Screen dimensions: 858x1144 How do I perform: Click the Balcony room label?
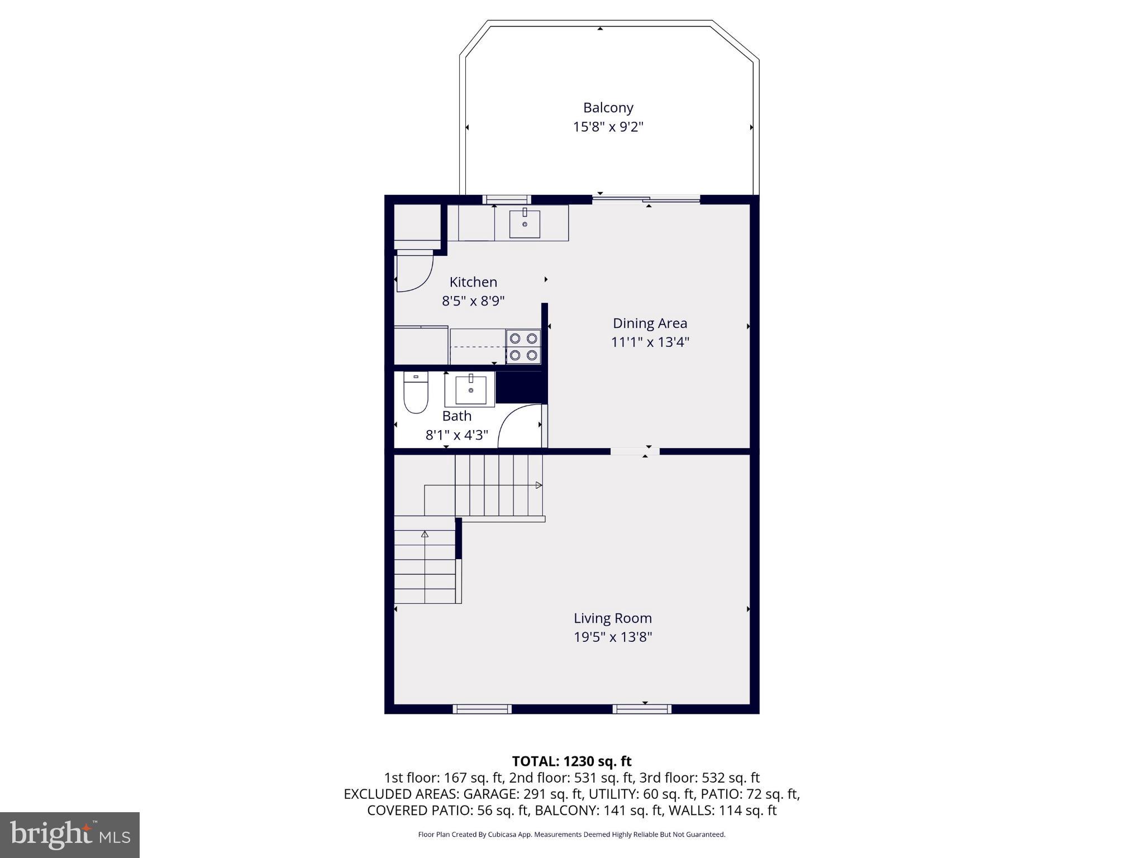tap(608, 108)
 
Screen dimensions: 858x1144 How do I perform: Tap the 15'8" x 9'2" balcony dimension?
tap(608, 127)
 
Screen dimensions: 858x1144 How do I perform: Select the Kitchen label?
tap(473, 282)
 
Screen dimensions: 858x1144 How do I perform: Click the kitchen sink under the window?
tap(525, 223)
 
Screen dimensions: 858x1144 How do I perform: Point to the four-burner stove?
tap(523, 346)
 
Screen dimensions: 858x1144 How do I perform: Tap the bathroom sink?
tap(470, 390)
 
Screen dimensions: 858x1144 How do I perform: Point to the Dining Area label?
tap(650, 323)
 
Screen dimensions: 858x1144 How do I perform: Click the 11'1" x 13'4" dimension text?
tap(650, 342)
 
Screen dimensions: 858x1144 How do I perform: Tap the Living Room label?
tap(613, 618)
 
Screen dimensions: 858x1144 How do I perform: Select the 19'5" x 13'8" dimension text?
tap(613, 637)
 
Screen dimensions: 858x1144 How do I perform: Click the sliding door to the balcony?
tap(646, 199)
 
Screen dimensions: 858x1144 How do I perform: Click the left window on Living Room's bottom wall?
tap(482, 709)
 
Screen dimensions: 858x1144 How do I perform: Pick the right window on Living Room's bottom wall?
tap(642, 709)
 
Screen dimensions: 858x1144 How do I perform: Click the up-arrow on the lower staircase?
tap(425, 535)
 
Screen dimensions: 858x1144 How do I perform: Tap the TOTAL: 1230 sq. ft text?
tap(571, 761)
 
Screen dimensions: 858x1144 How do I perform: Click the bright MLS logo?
tap(70, 835)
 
